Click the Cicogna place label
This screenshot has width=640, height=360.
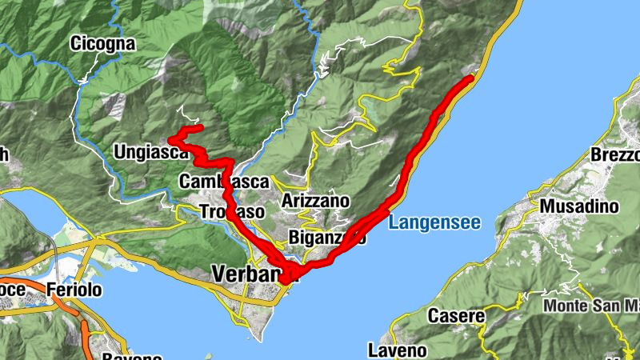[102, 43]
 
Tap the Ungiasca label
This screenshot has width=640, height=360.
[150, 152]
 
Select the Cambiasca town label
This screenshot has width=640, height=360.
[224, 182]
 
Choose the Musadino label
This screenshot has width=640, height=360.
[580, 206]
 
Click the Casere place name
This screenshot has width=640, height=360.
[456, 315]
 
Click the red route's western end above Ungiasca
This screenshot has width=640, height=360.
[171, 141]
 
